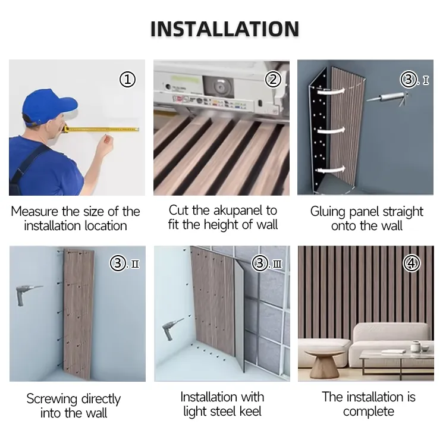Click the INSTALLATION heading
[225, 29]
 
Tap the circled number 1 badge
[127, 79]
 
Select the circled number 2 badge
[273, 79]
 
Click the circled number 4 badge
[412, 263]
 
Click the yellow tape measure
[101, 130]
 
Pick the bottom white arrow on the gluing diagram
[331, 169]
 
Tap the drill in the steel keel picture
[171, 329]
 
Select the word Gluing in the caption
[328, 212]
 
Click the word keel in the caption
[250, 412]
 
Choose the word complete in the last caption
[369, 412]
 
